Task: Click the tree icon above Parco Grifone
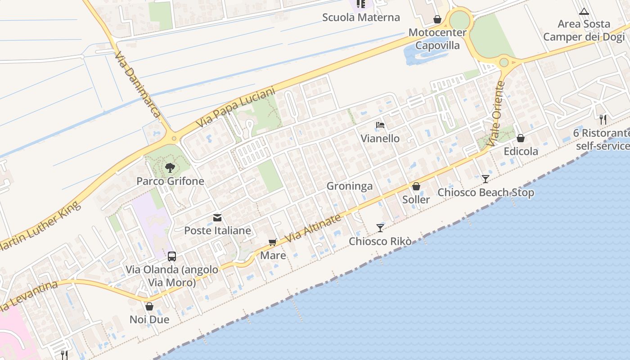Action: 170,168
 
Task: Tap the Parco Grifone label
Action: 171,181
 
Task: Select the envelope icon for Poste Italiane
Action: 217,218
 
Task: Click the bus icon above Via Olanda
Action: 172,256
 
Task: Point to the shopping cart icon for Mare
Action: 272,243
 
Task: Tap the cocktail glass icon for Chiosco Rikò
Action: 380,228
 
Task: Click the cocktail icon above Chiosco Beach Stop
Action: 485,179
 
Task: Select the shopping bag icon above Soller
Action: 416,186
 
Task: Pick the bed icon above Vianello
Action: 380,125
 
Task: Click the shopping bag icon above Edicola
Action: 521,138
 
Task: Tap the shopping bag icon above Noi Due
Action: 149,306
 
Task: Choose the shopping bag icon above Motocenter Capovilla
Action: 437,19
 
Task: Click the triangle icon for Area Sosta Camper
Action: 584,11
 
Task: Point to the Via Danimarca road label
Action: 137,85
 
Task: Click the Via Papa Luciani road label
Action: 235,108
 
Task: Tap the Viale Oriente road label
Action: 496,113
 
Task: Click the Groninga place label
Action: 350,186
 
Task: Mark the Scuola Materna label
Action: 361,18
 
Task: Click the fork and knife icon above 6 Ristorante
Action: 603,120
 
